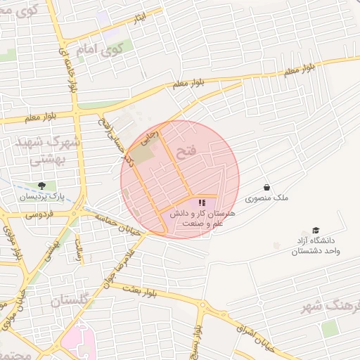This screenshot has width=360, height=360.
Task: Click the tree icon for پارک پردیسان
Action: (42, 186)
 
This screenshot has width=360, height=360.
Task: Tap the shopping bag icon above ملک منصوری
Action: (267, 187)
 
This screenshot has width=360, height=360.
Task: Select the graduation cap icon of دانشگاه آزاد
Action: (316, 231)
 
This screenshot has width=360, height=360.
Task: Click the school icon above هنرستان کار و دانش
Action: (202, 202)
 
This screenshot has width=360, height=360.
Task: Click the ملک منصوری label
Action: (271, 199)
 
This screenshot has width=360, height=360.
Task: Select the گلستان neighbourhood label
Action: (70, 300)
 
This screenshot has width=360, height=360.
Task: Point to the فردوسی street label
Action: (41, 214)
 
